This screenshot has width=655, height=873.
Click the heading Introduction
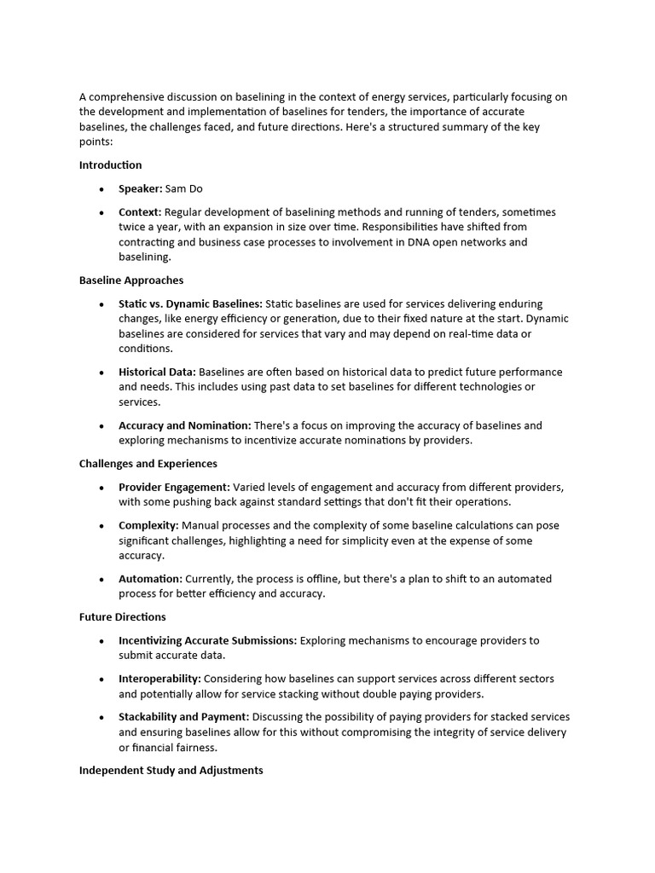(x=110, y=165)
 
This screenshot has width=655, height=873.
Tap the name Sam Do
(x=184, y=188)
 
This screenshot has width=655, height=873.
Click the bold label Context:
(x=140, y=212)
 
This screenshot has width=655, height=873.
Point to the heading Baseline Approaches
(x=131, y=280)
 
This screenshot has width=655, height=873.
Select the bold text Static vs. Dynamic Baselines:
(x=190, y=304)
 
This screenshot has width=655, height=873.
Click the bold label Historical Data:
(x=157, y=373)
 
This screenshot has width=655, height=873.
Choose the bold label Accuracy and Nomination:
(x=184, y=425)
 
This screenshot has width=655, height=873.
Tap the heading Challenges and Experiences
(x=148, y=464)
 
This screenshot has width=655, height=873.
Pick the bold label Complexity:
(x=148, y=526)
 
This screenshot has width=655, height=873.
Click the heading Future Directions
(x=122, y=617)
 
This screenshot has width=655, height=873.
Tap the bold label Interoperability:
(x=159, y=679)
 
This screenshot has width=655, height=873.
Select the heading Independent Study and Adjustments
(x=171, y=771)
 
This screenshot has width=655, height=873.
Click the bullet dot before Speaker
(x=102, y=189)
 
